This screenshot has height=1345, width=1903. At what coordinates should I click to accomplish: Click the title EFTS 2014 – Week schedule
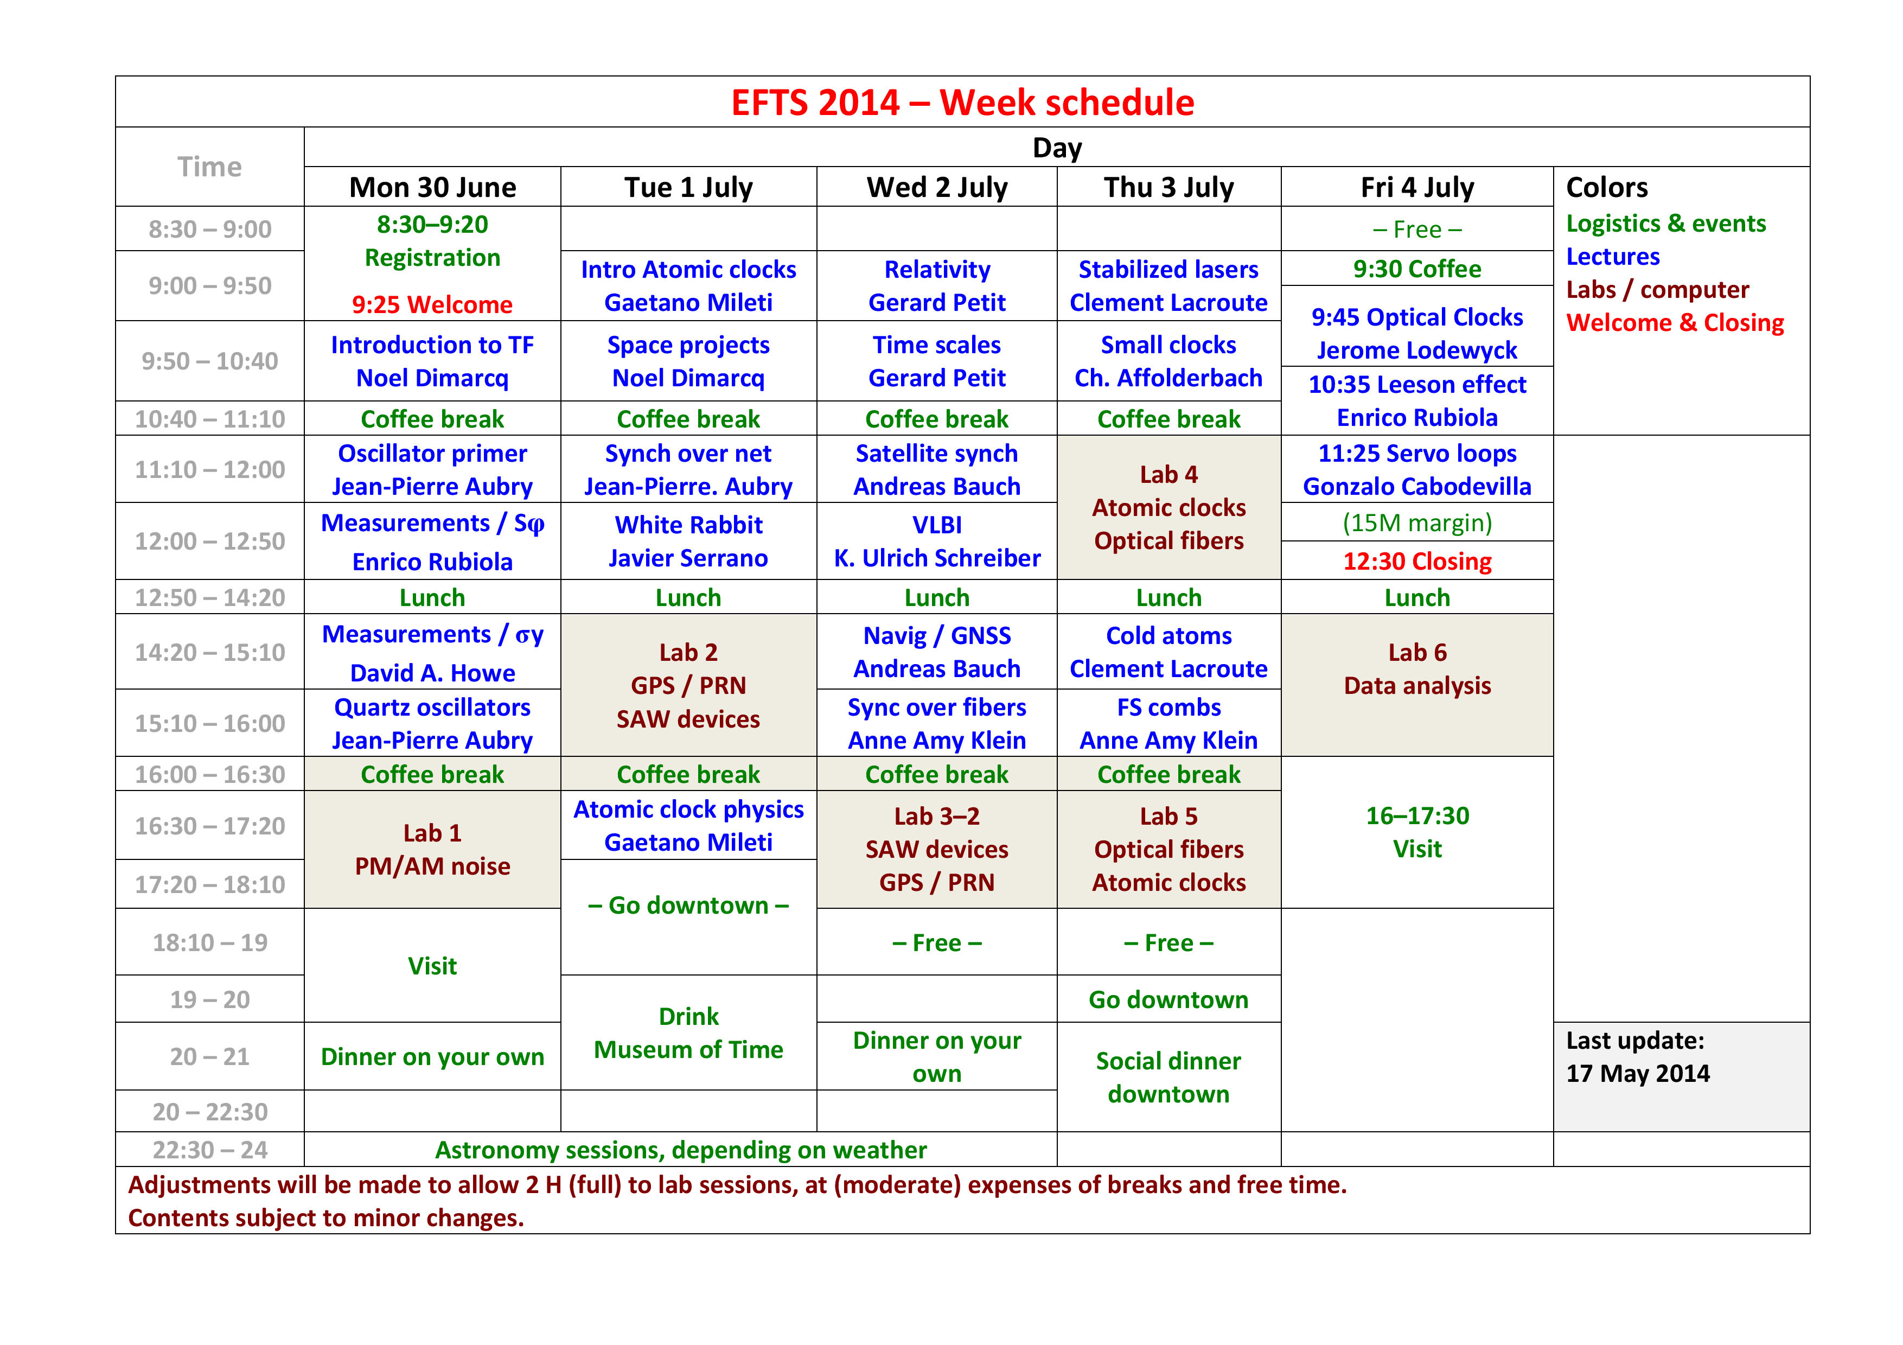[962, 103]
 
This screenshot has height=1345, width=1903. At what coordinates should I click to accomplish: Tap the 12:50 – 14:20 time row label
[210, 597]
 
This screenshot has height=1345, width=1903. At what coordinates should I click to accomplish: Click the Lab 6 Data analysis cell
[1417, 685]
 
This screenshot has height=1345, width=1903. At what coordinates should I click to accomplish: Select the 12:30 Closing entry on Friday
[1417, 561]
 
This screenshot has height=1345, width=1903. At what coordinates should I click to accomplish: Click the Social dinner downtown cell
[1168, 1078]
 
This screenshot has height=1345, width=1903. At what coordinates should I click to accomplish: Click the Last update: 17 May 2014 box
[1682, 1076]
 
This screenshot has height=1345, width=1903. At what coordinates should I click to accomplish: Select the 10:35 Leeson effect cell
[1417, 401]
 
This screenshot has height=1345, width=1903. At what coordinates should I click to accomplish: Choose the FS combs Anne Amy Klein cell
[1168, 723]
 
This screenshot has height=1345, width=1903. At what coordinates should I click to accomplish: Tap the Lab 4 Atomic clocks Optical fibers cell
[1168, 507]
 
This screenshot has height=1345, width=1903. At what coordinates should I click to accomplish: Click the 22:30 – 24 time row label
[210, 1150]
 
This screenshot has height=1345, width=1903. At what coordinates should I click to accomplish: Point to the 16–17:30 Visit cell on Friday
[1417, 832]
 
